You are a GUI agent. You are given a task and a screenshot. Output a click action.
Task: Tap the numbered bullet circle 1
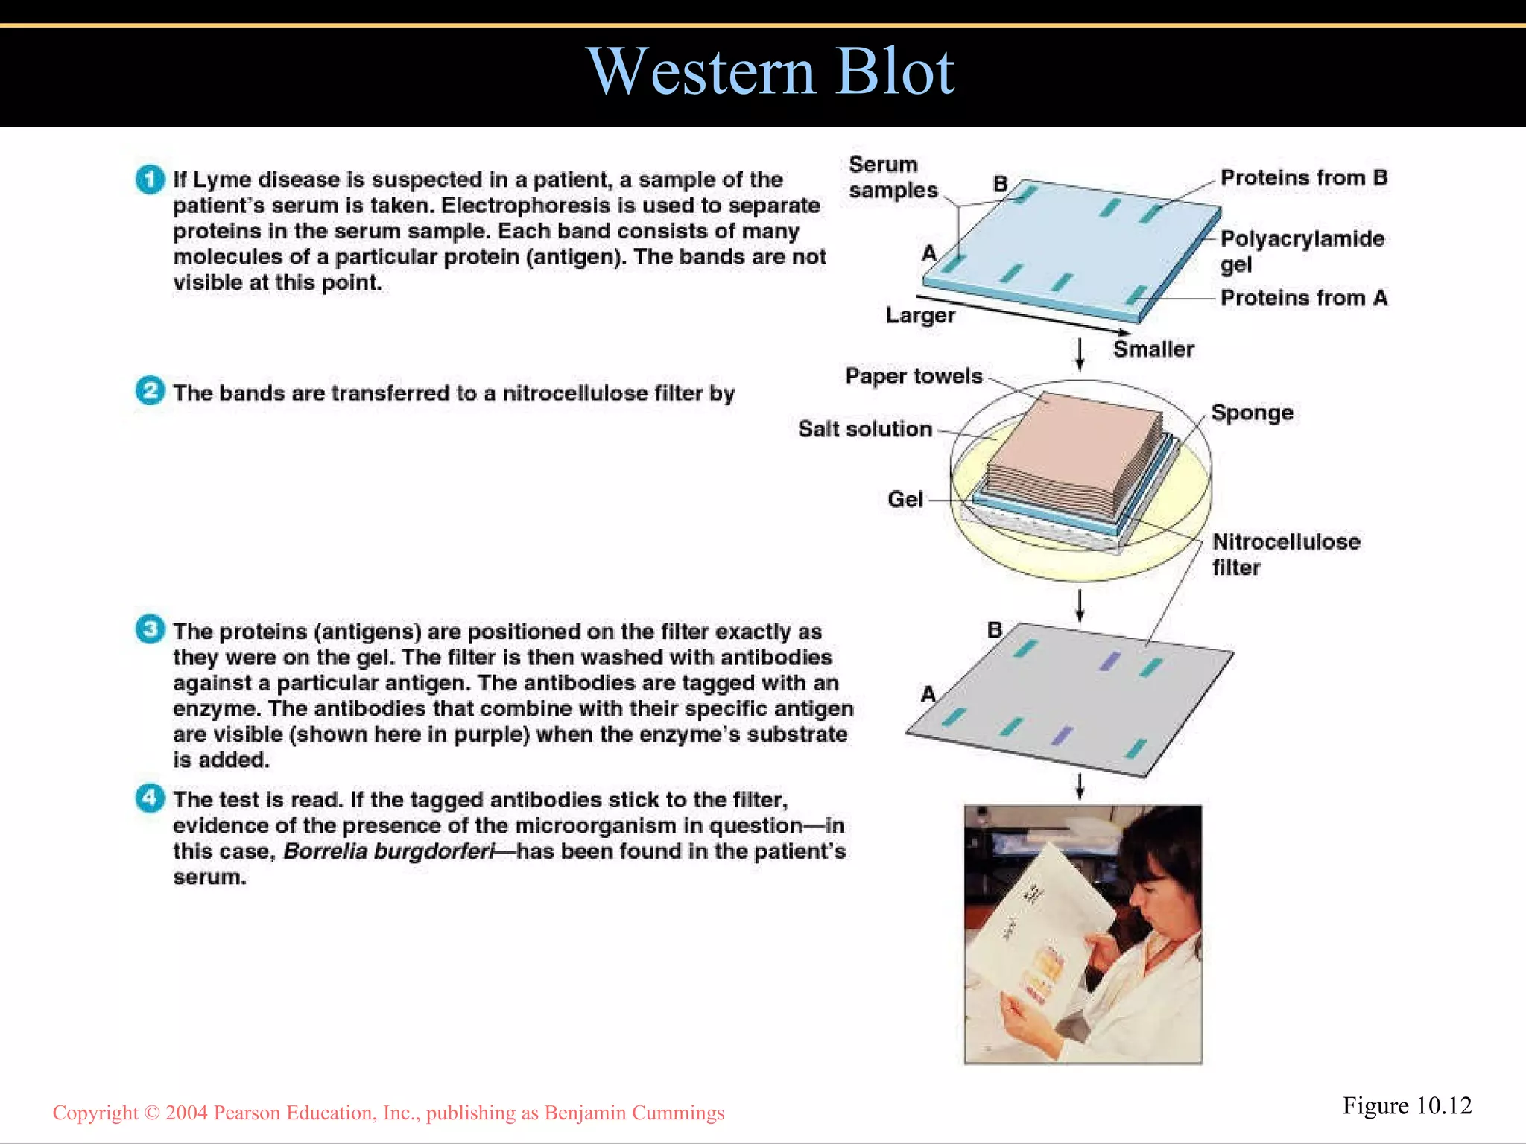pos(150,179)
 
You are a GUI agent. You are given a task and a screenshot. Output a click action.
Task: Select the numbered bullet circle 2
pos(150,391)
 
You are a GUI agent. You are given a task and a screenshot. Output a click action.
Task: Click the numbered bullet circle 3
pos(150,629)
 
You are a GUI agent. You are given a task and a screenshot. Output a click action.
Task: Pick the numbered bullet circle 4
pos(150,798)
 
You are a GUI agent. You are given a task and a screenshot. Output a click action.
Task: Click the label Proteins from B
pos(1303,178)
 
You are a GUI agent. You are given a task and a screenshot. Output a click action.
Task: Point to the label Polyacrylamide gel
pos(1301,251)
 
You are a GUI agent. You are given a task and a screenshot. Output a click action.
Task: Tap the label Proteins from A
pos(1303,298)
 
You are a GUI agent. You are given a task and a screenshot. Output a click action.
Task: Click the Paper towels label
pos(914,376)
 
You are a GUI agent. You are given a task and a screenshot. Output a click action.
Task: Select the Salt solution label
pos(865,429)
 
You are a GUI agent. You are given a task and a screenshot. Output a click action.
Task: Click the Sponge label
pos(1252,413)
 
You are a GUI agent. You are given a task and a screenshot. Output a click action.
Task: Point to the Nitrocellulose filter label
pos(1285,553)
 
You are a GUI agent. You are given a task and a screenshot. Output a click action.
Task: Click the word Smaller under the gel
pos(1153,349)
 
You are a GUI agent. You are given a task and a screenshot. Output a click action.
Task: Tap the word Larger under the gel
pos(920,315)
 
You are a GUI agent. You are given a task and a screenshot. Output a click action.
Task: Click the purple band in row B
pos(1110,661)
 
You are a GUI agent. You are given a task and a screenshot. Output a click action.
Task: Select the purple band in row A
pos(1062,735)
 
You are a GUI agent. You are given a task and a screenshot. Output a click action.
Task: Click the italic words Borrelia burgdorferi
pos(388,851)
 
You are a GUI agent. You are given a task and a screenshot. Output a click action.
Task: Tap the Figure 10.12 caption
pos(1407,1106)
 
